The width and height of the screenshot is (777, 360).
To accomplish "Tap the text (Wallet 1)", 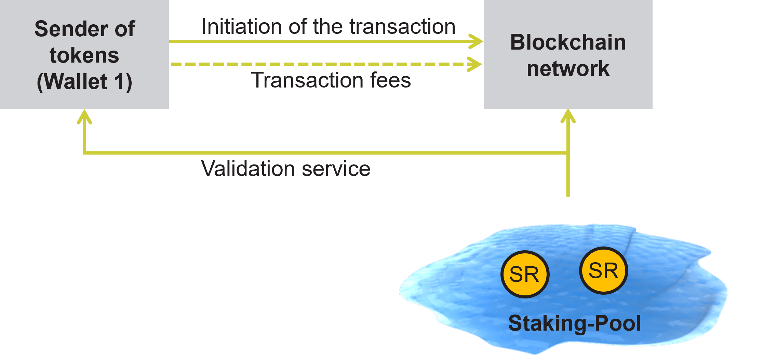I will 84,82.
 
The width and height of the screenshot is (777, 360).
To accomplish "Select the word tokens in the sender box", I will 84,55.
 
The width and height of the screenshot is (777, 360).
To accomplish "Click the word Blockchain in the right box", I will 568,42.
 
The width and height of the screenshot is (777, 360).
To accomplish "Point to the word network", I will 568,69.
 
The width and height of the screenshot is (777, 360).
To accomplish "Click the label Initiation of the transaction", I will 328,27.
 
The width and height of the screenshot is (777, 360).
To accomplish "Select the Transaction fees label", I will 331,80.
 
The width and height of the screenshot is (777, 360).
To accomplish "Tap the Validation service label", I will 285,169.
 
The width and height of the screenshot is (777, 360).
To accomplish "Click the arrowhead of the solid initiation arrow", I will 477,41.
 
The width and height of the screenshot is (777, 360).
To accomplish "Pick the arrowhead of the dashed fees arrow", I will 475,64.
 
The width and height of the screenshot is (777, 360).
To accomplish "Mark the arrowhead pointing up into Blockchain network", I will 568,116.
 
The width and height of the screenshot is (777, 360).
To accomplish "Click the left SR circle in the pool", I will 525,275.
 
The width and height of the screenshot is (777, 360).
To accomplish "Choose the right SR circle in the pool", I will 604,271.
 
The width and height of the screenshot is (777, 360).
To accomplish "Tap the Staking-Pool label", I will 574,323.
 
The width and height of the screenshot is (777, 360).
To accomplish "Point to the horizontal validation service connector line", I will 325,153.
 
